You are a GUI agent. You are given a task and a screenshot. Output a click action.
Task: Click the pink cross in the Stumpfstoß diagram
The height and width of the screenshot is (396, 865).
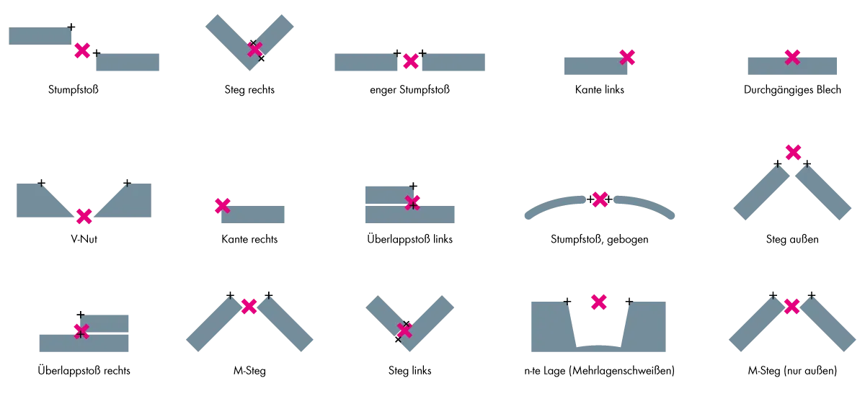click(82, 50)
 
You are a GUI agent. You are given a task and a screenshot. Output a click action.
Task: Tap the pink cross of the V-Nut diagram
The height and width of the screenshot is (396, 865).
click(84, 216)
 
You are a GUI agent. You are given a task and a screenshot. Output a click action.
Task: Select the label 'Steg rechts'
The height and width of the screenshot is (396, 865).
click(249, 90)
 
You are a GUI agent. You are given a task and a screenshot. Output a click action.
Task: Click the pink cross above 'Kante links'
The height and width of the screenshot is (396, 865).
click(627, 58)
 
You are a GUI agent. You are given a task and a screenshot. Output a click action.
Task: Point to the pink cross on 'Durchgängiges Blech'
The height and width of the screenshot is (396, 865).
click(792, 58)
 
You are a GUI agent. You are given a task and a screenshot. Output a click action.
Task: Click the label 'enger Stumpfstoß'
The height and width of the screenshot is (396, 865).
click(409, 90)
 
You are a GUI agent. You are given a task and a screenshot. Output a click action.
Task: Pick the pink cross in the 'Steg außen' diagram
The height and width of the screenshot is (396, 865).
click(793, 153)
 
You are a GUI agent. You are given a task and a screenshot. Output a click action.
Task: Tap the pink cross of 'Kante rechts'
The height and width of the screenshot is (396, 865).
click(223, 206)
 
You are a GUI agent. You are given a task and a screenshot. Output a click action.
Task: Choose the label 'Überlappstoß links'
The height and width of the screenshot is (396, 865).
click(409, 239)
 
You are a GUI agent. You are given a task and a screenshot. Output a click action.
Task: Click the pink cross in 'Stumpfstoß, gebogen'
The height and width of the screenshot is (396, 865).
click(600, 199)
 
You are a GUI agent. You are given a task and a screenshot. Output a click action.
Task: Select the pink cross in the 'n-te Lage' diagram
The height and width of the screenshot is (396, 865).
click(598, 302)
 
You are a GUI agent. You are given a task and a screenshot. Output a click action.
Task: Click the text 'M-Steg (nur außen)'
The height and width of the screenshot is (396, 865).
click(792, 371)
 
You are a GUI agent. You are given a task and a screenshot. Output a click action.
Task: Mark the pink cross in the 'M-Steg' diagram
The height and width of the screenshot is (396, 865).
click(249, 306)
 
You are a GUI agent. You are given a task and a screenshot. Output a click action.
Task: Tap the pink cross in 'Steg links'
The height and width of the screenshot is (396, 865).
click(404, 330)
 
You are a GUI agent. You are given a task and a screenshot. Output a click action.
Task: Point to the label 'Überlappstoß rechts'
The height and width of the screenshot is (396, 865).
click(84, 371)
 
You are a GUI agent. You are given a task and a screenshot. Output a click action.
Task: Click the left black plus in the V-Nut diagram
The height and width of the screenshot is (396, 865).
click(41, 183)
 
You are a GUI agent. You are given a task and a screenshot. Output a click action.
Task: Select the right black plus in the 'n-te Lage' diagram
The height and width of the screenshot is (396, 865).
click(629, 301)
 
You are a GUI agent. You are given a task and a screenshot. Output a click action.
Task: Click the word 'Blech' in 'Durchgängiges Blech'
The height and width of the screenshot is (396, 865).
click(828, 90)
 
